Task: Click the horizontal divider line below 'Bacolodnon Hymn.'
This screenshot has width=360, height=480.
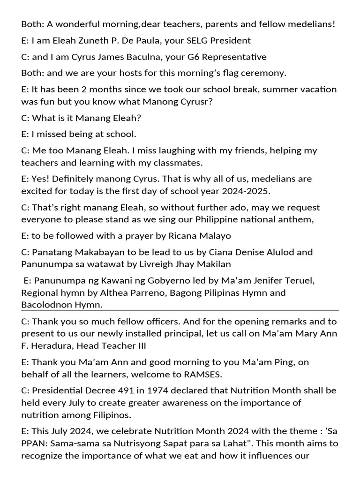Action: point(180,310)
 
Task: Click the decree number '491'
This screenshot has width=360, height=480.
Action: point(114,390)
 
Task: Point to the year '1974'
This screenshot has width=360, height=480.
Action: point(144,390)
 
